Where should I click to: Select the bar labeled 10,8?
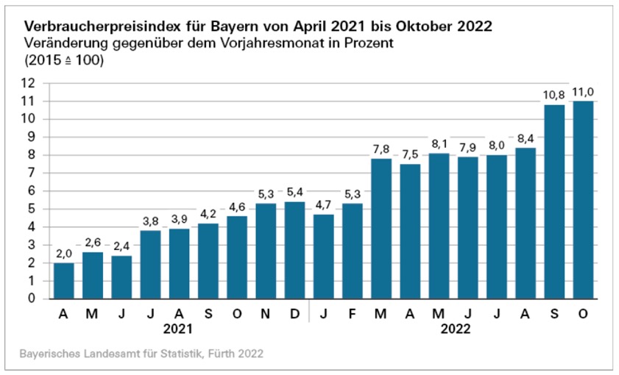click(554, 201)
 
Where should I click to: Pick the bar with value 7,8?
click(381, 229)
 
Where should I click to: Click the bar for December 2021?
click(294, 250)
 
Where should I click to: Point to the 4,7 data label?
click(322, 205)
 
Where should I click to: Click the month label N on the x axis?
click(266, 313)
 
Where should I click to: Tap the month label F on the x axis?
click(352, 313)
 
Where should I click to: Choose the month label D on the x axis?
click(294, 313)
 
